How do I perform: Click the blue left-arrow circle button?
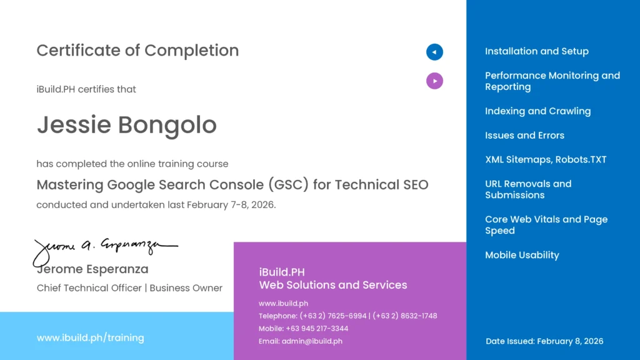click(434, 52)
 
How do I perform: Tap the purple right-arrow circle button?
click(434, 81)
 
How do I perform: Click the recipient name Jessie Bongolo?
click(126, 125)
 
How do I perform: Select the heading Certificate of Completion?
click(137, 51)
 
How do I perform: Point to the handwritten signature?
click(103, 248)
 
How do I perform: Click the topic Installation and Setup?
click(536, 51)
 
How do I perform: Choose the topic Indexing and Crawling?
click(537, 111)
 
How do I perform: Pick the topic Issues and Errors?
click(524, 136)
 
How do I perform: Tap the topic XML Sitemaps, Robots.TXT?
click(546, 159)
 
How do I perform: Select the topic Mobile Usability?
click(522, 255)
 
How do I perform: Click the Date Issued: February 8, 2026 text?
click(544, 341)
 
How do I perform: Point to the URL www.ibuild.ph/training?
click(90, 338)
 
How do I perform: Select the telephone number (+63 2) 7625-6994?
click(333, 316)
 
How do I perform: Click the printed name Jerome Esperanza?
click(92, 269)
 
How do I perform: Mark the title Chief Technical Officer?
click(89, 288)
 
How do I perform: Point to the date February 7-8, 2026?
click(231, 204)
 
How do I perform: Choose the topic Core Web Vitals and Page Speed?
click(546, 225)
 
